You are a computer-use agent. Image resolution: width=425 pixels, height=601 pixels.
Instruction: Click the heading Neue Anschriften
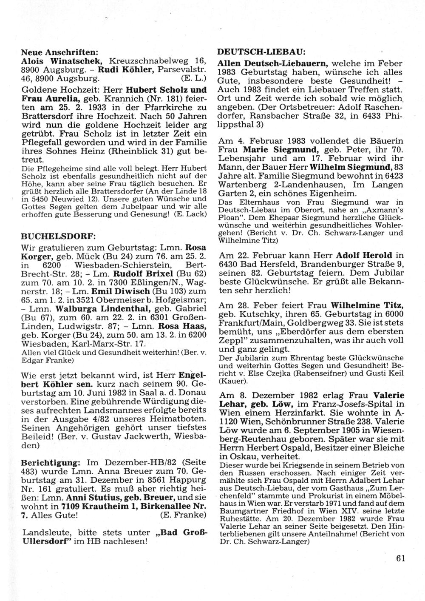click(60, 53)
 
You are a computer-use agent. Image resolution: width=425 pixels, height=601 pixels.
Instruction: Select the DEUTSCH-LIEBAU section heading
click(261, 51)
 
